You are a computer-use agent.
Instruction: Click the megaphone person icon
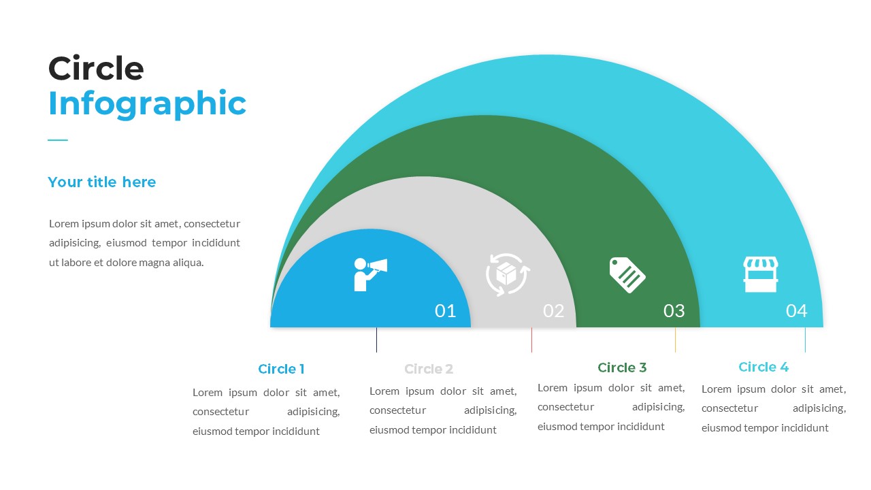[x=369, y=274]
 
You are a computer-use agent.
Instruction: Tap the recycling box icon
[x=508, y=275]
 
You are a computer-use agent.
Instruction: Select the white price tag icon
[x=627, y=275]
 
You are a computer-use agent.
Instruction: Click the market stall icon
[x=760, y=274]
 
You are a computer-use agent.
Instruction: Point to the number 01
[x=445, y=311]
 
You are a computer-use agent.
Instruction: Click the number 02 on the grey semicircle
[x=553, y=311]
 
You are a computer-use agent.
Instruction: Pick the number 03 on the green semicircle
[x=674, y=311]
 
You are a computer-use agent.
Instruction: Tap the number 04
[x=796, y=311]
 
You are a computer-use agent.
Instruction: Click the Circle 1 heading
[x=281, y=369]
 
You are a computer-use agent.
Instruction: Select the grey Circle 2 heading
[x=429, y=369]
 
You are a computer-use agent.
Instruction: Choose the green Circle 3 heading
[x=622, y=367]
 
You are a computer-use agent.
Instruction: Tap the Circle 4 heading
[x=763, y=367]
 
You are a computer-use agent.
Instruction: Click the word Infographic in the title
[x=147, y=104]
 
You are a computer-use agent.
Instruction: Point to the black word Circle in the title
[x=96, y=69]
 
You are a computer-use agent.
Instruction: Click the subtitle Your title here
[x=101, y=182]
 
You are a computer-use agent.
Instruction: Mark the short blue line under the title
[x=58, y=140]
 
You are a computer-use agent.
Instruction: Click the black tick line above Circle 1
[x=376, y=340]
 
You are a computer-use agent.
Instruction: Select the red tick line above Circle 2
[x=531, y=340]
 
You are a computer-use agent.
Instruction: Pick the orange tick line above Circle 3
[x=675, y=340]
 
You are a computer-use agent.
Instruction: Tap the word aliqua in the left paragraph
[x=187, y=262]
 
